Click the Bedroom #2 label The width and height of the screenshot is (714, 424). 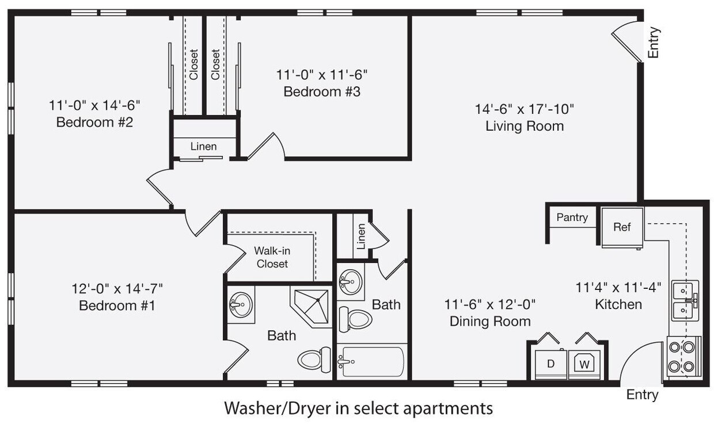pos(94,123)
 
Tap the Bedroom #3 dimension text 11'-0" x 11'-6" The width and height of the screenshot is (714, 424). pos(322,75)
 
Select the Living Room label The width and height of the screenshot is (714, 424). pos(525,126)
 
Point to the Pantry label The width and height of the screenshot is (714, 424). pos(572,217)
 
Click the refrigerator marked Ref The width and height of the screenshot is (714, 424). pos(622,227)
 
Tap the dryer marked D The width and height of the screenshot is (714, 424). pos(551,364)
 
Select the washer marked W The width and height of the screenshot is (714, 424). pos(584,364)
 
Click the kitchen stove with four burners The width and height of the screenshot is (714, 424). pos(684,357)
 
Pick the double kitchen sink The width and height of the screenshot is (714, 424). pos(685,300)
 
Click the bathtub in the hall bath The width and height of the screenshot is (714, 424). pos(372,361)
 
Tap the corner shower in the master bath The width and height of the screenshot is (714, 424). pos(311,307)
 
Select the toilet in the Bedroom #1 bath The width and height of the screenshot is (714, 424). pos(314,360)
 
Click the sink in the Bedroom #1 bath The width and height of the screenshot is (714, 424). pos(241,305)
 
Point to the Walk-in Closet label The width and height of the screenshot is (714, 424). pos(272,257)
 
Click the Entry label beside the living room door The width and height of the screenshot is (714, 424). pos(654,43)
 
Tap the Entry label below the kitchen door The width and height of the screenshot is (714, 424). pos(642,395)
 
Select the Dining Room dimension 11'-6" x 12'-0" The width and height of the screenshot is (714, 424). pos(490,304)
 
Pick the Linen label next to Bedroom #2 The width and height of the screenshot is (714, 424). pos(203,147)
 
